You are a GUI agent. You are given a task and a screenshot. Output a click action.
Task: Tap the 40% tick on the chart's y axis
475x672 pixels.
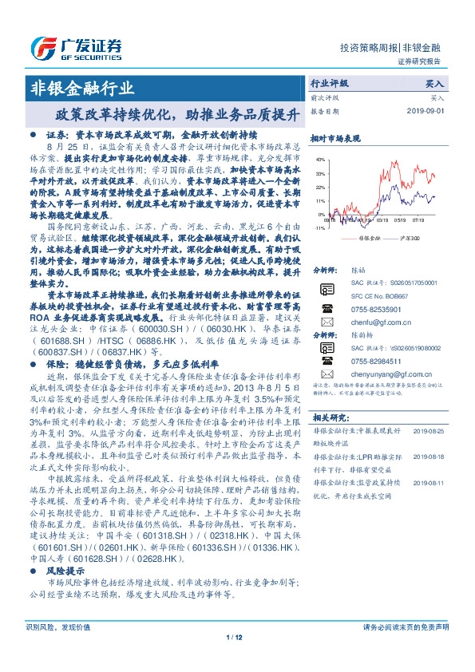[320, 159]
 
